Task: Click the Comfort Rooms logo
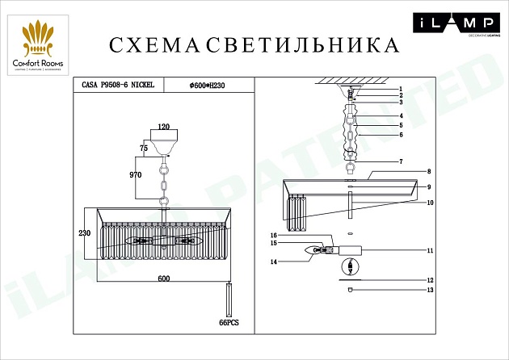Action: (x=42, y=45)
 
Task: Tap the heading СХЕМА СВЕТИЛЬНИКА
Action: (x=254, y=44)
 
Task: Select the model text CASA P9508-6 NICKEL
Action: (x=120, y=84)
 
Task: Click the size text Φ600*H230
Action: (x=208, y=84)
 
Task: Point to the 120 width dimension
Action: (x=165, y=128)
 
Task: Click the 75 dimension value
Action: (x=144, y=149)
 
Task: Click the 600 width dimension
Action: (x=164, y=278)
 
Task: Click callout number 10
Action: (x=431, y=203)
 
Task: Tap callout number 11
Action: (x=431, y=251)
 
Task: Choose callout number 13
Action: (x=431, y=290)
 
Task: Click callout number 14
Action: (x=274, y=262)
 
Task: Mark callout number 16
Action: (x=274, y=235)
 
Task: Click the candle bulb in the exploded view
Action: (x=312, y=250)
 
